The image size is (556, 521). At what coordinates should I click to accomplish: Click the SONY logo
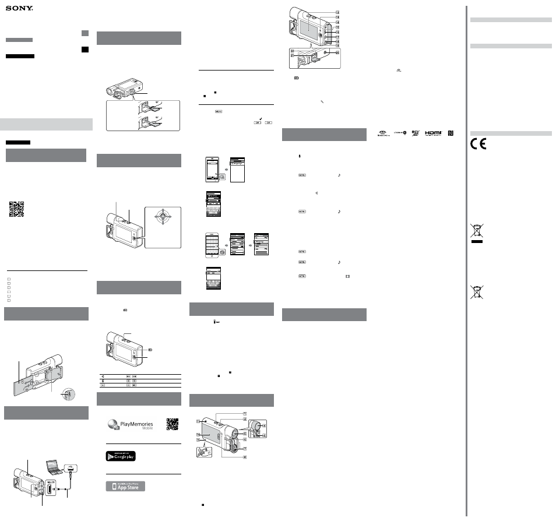[x=19, y=8]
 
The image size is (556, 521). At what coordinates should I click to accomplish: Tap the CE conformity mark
[x=478, y=143]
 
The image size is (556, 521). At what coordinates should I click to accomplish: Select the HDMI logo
[x=433, y=133]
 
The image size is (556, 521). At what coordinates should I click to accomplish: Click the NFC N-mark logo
[x=451, y=133]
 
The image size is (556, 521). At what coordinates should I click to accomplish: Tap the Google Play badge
[x=121, y=456]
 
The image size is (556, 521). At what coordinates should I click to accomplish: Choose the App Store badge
[x=125, y=486]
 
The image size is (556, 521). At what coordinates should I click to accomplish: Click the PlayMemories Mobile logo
[x=131, y=424]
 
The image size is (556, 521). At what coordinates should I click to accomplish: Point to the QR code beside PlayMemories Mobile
[x=173, y=424]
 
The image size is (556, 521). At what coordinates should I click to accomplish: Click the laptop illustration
[x=54, y=467]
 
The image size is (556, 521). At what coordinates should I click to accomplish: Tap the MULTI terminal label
[x=51, y=483]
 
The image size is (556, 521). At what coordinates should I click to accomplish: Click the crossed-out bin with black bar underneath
[x=477, y=233]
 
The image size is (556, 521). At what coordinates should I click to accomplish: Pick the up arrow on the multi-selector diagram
[x=163, y=210]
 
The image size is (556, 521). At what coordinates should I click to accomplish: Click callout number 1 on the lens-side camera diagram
[x=244, y=414]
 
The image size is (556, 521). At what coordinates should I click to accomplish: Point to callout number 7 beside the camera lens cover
[x=244, y=449]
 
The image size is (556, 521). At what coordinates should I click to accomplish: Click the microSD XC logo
[x=415, y=133]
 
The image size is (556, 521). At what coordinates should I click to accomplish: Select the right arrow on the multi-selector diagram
[x=170, y=216]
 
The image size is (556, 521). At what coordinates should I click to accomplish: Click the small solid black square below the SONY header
[x=85, y=50]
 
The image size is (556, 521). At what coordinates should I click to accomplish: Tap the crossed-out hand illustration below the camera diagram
[x=204, y=452]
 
